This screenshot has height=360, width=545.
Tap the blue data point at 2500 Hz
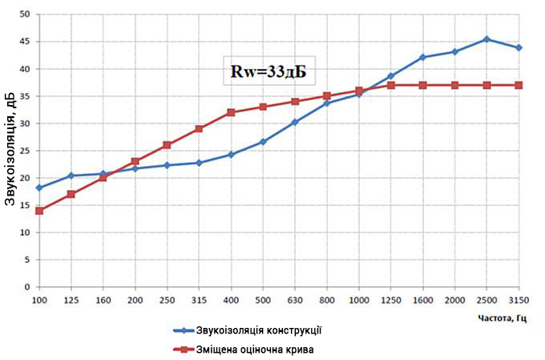[486, 39]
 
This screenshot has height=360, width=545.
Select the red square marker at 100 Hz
[38, 211]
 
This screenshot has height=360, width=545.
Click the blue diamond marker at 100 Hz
[38, 188]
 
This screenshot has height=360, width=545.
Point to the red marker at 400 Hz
[231, 112]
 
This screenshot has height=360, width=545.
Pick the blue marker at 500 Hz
[263, 142]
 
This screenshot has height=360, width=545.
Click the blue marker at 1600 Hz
[422, 58]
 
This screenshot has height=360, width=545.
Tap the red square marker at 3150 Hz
[519, 85]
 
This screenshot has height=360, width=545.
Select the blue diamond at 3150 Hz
[519, 48]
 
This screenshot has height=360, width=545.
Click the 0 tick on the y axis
[26, 287]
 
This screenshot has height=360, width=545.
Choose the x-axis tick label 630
[295, 298]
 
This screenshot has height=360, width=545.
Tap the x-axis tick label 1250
[390, 298]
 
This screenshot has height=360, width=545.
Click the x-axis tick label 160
[103, 298]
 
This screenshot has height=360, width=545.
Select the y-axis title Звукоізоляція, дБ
[10, 151]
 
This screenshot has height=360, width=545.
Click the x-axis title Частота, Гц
[502, 318]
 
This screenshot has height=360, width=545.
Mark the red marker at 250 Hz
[167, 145]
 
